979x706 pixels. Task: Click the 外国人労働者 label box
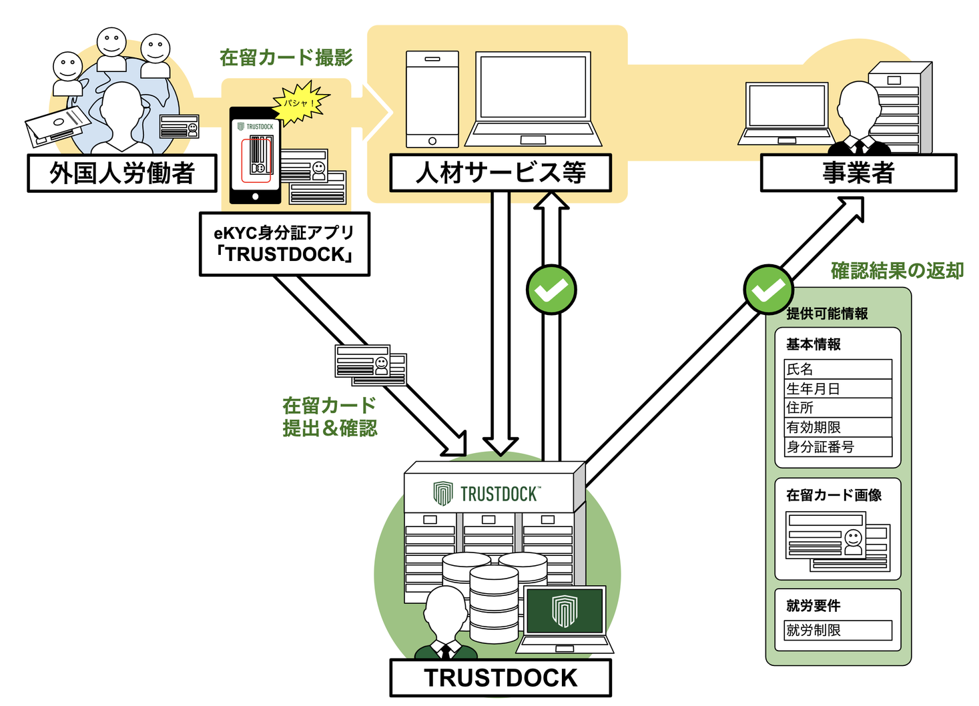(x=122, y=173)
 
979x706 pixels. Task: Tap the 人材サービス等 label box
(x=501, y=173)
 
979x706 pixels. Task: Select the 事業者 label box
(x=858, y=173)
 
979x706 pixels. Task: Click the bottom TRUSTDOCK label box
(x=501, y=678)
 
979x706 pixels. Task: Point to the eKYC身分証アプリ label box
(x=284, y=244)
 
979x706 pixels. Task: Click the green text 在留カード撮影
(x=286, y=58)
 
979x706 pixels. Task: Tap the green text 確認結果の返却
(x=897, y=271)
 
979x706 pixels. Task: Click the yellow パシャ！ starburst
(x=300, y=103)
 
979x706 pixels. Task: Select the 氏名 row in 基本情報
(x=838, y=369)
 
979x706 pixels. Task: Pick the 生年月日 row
(x=838, y=388)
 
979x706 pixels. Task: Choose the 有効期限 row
(x=838, y=427)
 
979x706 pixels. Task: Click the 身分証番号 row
(x=838, y=447)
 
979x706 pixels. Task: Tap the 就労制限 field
(x=838, y=630)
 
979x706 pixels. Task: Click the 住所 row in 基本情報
(x=838, y=408)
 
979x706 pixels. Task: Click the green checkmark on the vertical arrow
(x=551, y=290)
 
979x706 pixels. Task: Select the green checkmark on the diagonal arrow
(x=768, y=290)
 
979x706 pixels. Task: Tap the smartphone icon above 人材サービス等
(x=432, y=99)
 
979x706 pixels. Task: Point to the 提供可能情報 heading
(x=827, y=314)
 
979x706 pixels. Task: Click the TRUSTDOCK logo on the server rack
(x=487, y=494)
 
